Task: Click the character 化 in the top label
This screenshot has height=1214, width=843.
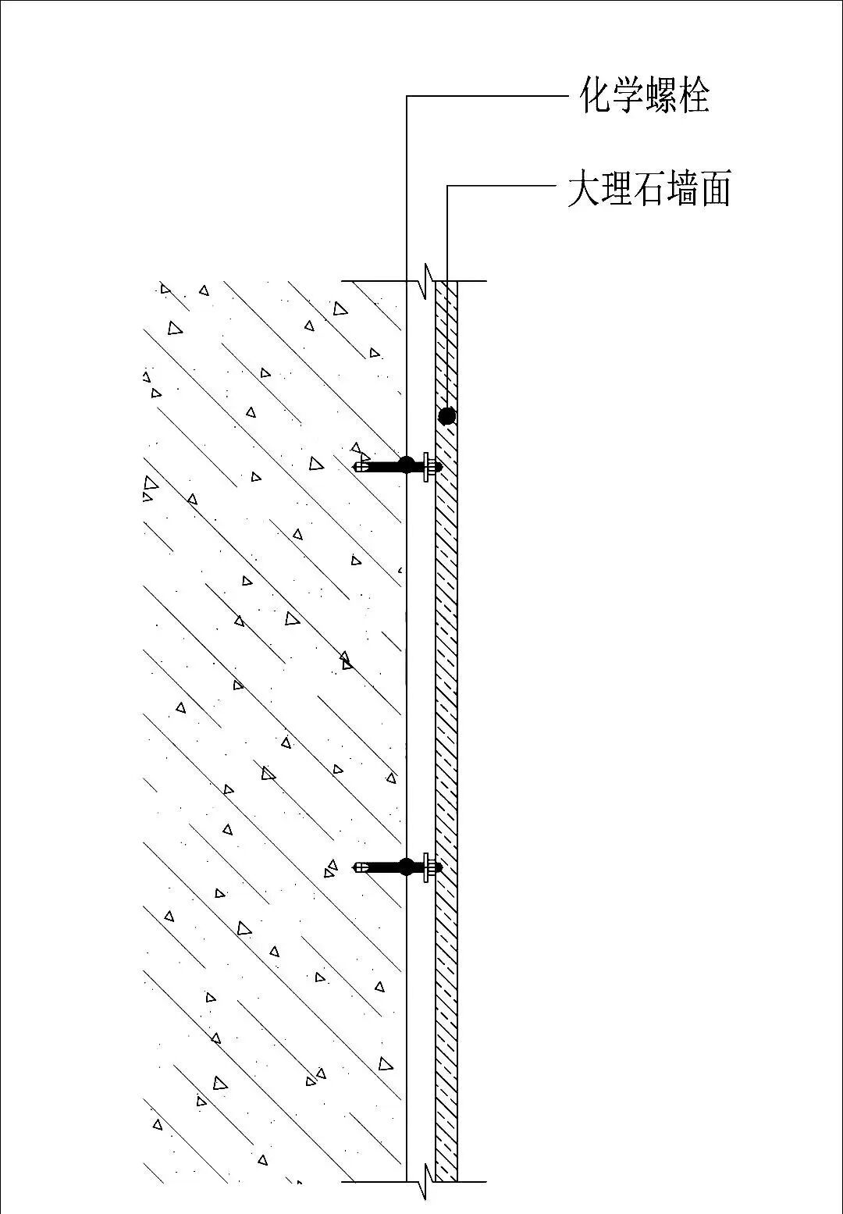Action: (596, 95)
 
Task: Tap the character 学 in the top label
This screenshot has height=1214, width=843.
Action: (628, 95)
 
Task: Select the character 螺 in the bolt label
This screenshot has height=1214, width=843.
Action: (662, 95)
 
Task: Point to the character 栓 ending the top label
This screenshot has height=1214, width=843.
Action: (695, 95)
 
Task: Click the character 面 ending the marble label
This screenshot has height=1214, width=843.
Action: (715, 190)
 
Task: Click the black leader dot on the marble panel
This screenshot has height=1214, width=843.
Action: (446, 415)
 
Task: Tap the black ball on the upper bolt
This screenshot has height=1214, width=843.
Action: (406, 465)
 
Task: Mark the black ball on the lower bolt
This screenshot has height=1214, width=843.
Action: (406, 866)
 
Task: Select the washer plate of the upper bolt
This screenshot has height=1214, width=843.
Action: (426, 467)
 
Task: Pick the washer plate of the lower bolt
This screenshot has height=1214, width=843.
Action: (426, 867)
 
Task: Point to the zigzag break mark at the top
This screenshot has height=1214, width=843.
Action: (426, 281)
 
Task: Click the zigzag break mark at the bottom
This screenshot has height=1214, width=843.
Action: (426, 1180)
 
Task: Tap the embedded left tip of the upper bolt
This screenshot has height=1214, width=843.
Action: (358, 467)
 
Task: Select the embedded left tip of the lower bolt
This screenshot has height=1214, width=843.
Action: (358, 867)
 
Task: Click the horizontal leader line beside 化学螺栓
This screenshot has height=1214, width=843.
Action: (484, 96)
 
